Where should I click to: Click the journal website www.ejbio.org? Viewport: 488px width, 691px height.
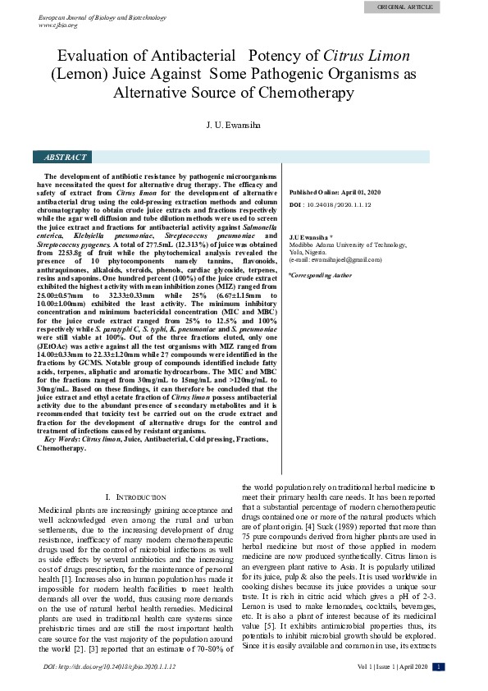(x=58, y=25)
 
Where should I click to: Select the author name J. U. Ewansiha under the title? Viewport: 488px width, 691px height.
(x=244, y=128)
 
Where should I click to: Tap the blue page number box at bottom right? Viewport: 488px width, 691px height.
(x=439, y=666)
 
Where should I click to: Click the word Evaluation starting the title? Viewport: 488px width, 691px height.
(x=96, y=57)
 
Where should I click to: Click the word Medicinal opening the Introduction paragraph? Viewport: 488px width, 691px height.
(x=58, y=510)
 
